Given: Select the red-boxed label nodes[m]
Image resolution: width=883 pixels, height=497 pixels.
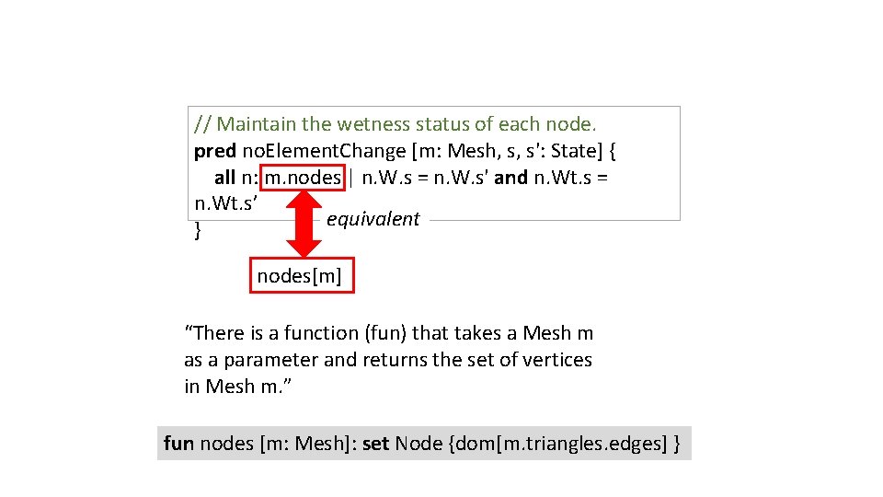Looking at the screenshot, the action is tap(302, 275).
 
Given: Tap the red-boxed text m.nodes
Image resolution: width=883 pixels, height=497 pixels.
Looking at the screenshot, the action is tap(303, 177).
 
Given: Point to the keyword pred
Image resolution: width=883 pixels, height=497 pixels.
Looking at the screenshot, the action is tap(214, 150).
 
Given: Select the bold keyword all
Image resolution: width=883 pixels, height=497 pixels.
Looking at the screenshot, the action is tap(224, 177).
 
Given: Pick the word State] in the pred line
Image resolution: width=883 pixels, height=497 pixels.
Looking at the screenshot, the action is tap(578, 150).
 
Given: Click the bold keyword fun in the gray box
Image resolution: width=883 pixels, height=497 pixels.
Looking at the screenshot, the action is tap(178, 444).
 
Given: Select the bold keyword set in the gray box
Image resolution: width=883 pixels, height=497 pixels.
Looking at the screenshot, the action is tap(375, 444).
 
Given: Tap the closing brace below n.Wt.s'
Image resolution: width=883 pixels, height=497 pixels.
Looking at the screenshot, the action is tap(199, 232).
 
